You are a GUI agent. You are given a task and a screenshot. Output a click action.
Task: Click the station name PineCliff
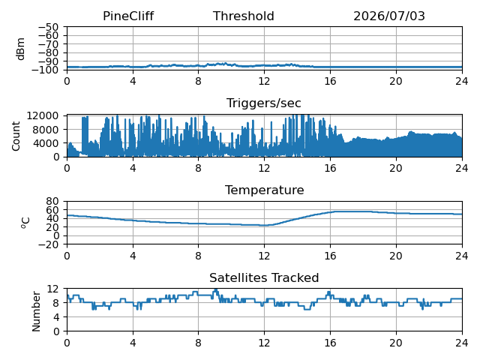pos(128,16)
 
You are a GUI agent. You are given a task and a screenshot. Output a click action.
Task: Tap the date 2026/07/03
pos(389,16)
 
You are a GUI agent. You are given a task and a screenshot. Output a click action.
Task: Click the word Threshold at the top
pos(243,16)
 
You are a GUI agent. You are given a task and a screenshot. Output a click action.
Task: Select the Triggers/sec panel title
pos(263,103)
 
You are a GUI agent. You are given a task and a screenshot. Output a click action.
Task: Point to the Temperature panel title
pos(265,190)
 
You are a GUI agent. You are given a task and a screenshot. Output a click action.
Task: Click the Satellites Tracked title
pos(264,277)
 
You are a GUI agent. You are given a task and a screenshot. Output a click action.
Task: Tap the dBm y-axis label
pos(20,49)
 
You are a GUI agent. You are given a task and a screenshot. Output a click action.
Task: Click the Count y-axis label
pos(16,136)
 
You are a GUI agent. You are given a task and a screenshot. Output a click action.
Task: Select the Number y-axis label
pos(36,312)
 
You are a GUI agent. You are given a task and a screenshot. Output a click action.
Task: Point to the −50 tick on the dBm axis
pos(48,27)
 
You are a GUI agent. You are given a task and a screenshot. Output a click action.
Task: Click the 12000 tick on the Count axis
pos(43,115)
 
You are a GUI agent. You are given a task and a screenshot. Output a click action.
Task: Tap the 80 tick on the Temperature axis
pos(52,201)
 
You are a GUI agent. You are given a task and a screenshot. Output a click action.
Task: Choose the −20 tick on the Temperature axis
pos(48,244)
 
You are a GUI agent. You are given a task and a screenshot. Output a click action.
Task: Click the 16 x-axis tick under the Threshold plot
pos(330,81)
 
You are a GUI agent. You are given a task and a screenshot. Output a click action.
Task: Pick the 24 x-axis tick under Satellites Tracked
pos(462,343)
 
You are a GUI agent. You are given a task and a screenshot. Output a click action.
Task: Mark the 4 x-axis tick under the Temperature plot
pos(133,256)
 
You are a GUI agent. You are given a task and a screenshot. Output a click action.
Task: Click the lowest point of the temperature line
pos(263,226)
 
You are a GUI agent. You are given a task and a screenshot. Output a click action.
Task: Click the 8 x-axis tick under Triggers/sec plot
pos(198,168)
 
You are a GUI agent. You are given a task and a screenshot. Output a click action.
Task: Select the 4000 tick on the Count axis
pos(46,143)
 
